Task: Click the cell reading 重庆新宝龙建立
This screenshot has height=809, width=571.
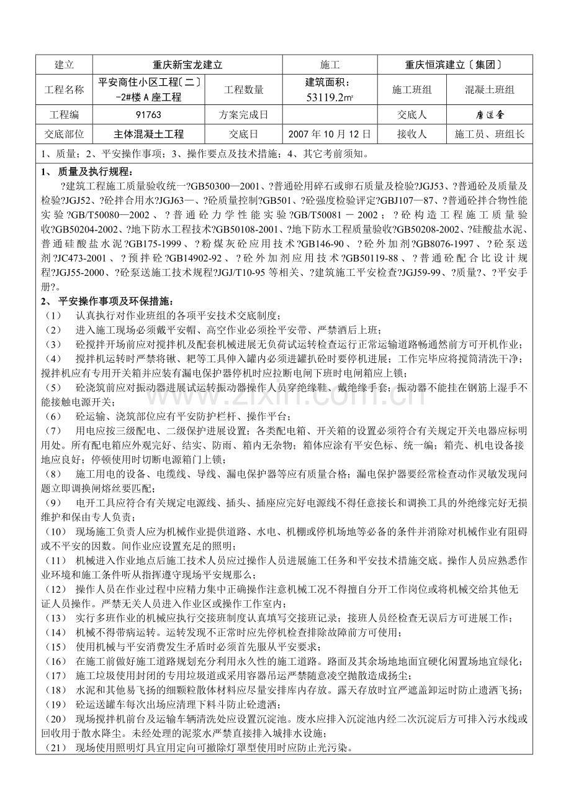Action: (187, 65)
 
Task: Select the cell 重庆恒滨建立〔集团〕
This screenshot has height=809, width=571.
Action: (452, 65)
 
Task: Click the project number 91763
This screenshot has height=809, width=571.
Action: (148, 115)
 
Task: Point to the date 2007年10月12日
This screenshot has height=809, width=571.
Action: (329, 134)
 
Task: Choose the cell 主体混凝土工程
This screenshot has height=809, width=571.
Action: (148, 134)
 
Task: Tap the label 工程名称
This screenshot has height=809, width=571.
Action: (64, 90)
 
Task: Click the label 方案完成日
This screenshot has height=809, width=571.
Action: (243, 115)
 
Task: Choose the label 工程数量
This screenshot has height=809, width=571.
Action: (243, 90)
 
